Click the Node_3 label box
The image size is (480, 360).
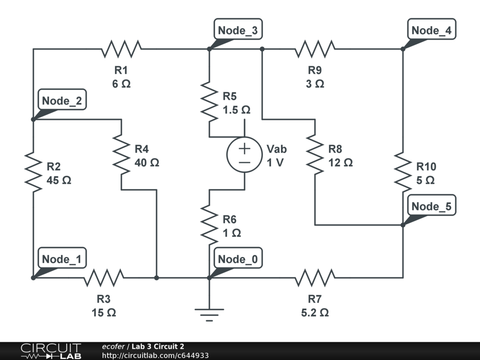238,30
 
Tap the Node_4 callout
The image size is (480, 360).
432,30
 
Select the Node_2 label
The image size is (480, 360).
62,100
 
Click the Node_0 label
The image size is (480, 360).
238,258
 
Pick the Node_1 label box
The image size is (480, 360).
62,258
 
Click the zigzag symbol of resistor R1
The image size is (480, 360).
121,49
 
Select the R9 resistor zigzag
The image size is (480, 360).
315,49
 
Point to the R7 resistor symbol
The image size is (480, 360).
315,277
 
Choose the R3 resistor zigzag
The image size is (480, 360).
104,277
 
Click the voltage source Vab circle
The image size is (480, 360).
244,155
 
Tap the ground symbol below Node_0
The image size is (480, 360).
210,315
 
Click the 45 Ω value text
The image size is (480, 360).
59,180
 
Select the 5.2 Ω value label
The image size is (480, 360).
315,313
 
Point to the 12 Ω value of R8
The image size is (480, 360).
340,163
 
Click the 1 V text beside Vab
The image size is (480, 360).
275,163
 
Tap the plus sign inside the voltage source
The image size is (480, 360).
244,149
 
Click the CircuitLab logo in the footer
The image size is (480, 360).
51,351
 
